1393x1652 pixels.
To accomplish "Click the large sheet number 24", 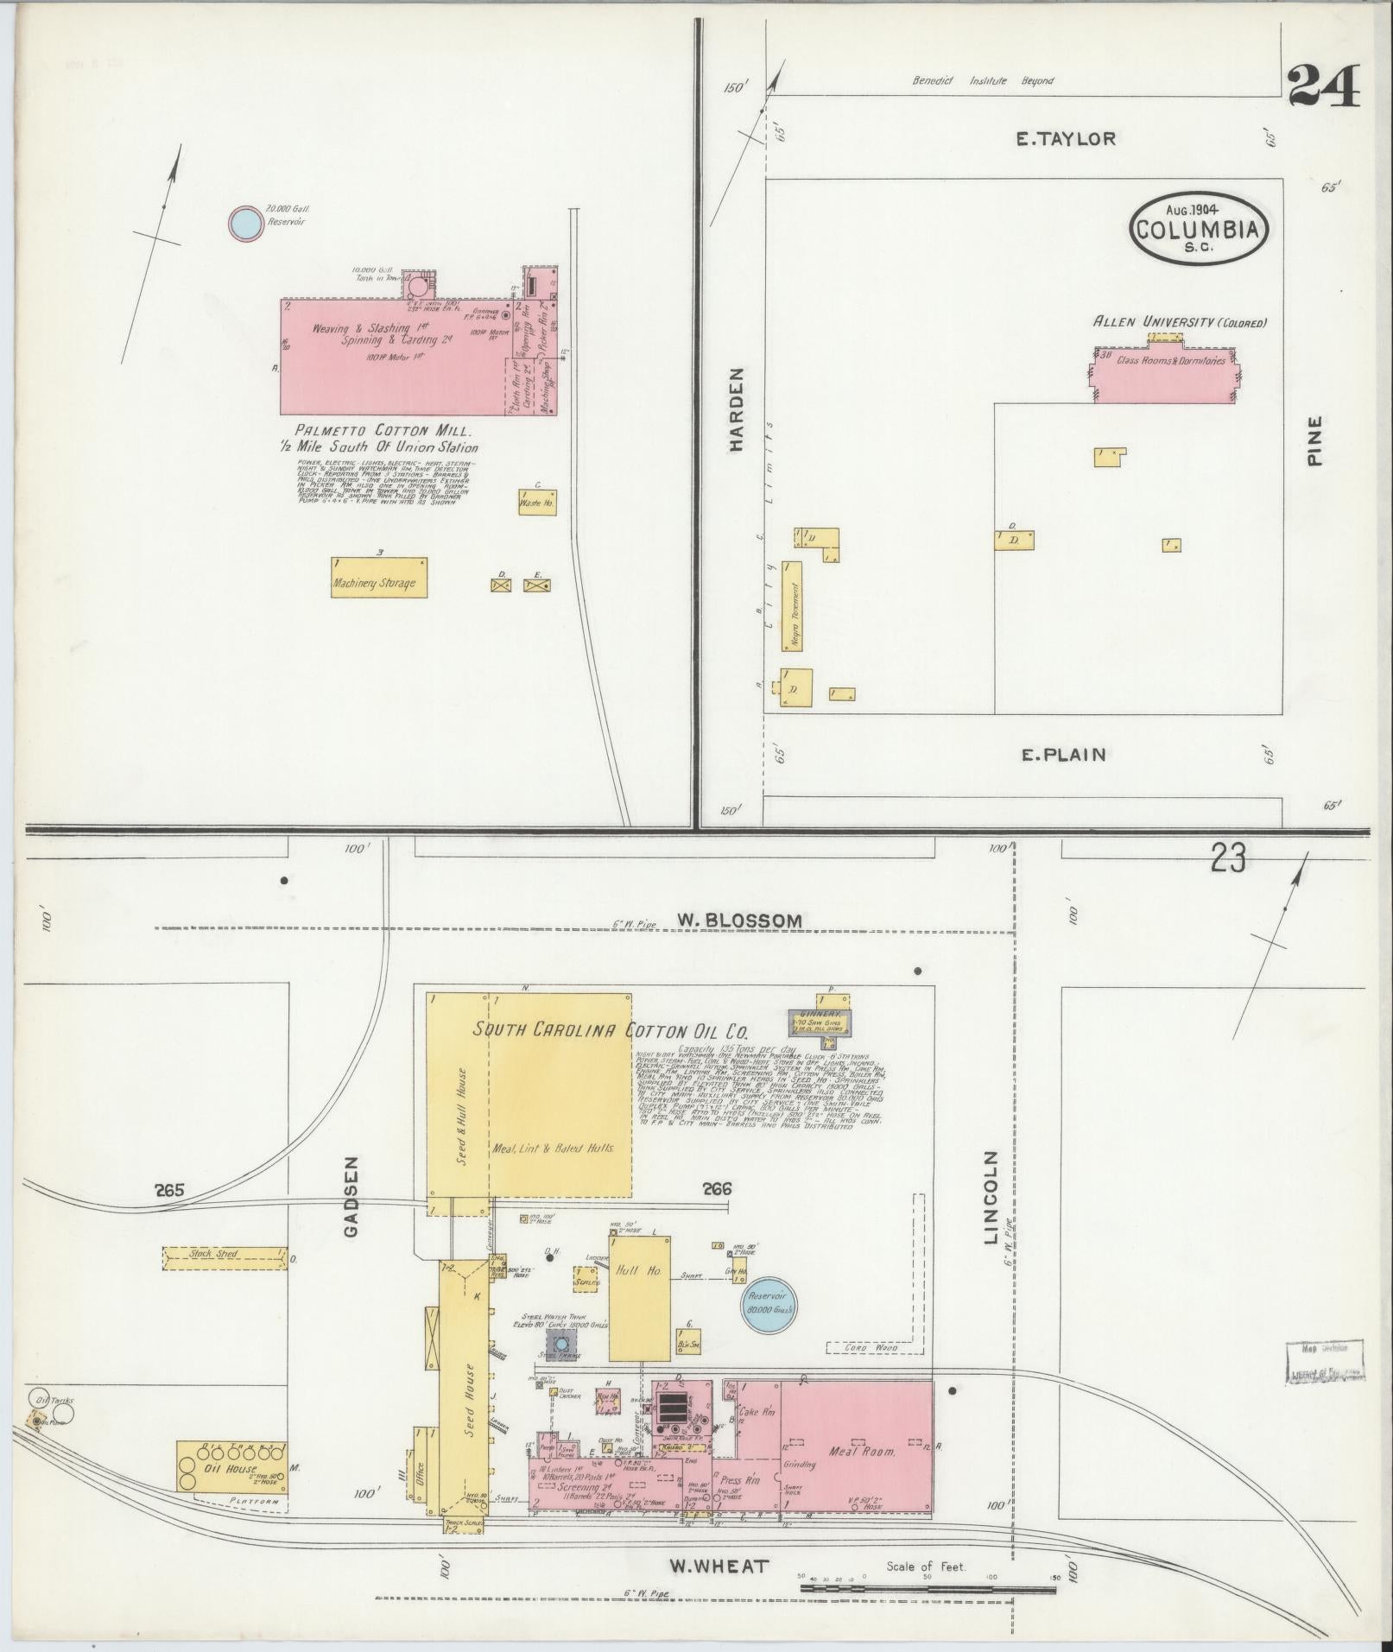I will coord(1324,87).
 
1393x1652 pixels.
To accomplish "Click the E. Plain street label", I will coord(1063,755).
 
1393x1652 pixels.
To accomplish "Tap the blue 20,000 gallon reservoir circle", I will coord(244,224).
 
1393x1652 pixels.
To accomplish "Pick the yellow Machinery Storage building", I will coord(379,578).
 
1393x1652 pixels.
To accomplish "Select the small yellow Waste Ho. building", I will coord(536,502).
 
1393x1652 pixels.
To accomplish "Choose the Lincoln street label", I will coord(990,1196).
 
